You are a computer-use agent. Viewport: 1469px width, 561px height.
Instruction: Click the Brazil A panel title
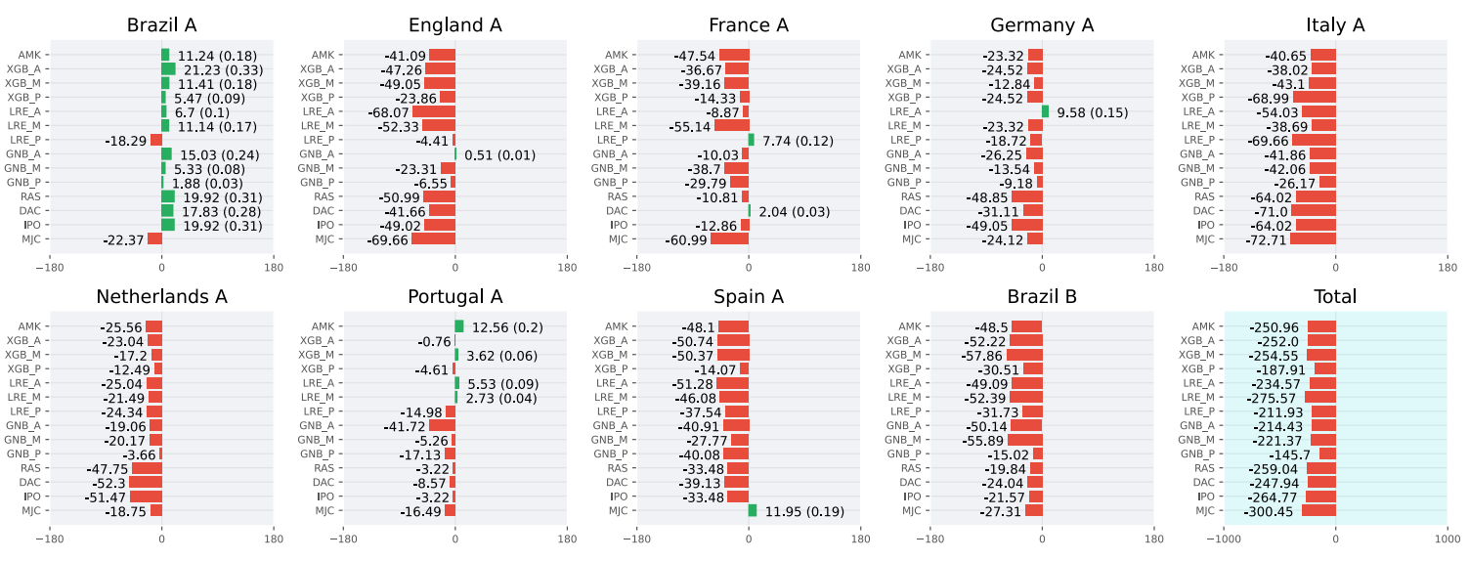click(161, 25)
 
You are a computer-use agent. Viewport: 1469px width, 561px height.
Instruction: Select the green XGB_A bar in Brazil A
click(168, 68)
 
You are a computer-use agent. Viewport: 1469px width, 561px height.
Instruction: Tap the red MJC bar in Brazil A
click(155, 238)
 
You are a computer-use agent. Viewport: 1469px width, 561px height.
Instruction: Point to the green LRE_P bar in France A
click(752, 140)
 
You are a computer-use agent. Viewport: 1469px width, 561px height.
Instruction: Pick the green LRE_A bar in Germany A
click(1045, 111)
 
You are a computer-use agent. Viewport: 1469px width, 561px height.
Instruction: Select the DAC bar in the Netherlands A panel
click(146, 482)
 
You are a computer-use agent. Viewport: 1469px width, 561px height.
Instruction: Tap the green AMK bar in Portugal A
click(459, 326)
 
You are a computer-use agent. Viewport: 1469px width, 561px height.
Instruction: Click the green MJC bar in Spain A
click(753, 510)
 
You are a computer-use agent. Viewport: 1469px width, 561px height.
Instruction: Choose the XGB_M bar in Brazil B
click(1024, 355)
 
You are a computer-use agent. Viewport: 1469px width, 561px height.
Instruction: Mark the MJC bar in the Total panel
click(1318, 510)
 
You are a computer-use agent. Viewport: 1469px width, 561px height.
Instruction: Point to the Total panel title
click(1335, 296)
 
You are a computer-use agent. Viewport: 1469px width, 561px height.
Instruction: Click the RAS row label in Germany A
click(911, 196)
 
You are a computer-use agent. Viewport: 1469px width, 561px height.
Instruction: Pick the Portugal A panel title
click(454, 296)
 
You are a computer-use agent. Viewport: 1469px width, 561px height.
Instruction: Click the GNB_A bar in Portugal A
click(442, 425)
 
